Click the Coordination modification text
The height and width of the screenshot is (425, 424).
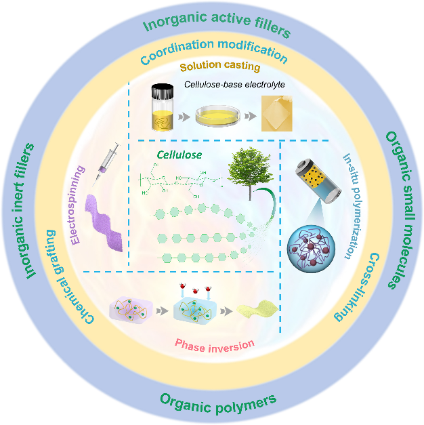click(213, 49)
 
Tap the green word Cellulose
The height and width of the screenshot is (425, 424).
click(180, 155)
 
